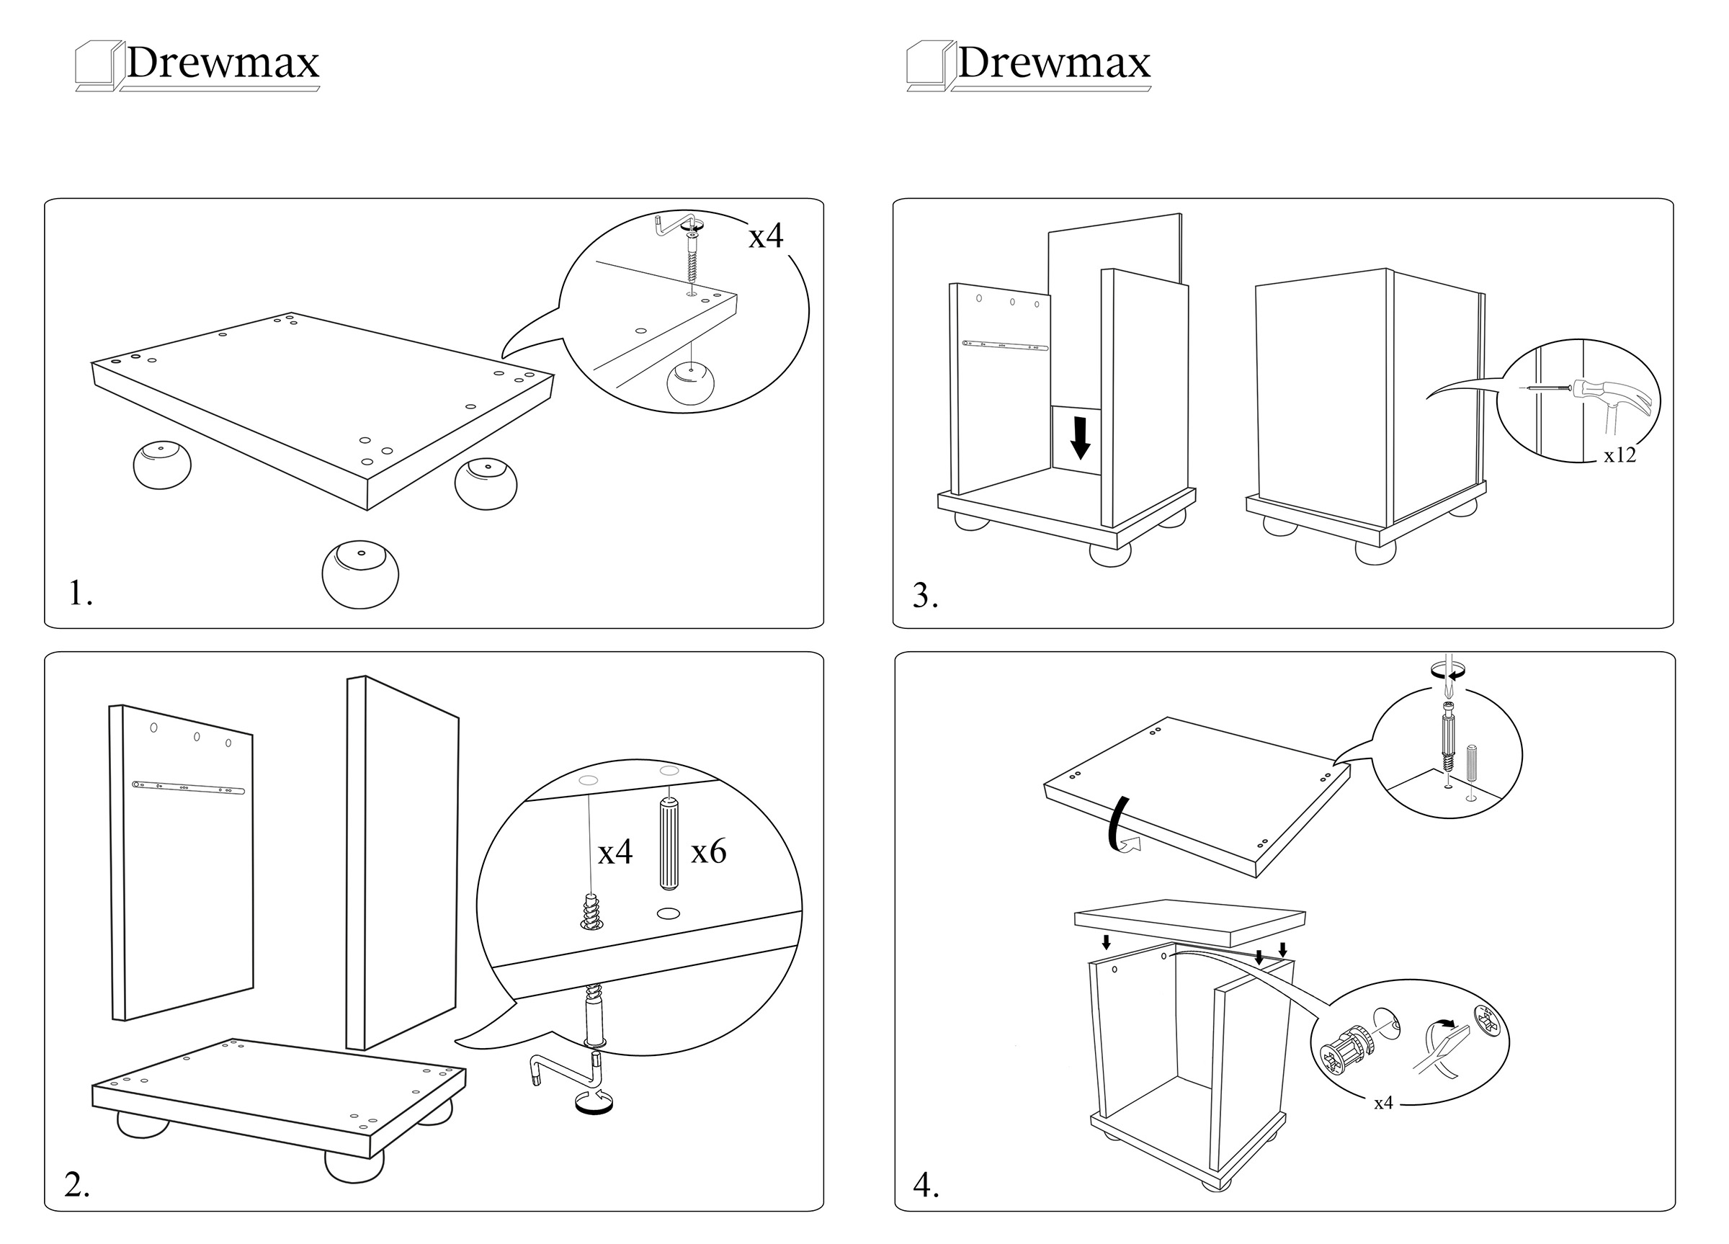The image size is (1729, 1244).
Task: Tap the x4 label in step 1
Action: point(765,236)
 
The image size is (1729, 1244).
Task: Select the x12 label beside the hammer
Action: point(1619,455)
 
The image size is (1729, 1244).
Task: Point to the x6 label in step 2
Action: point(708,851)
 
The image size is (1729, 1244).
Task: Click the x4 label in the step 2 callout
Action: point(615,852)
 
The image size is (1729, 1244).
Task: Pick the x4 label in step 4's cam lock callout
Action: point(1383,1103)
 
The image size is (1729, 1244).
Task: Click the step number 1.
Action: point(80,593)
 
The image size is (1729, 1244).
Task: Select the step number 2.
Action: point(77,1183)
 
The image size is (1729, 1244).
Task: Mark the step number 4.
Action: point(926,1186)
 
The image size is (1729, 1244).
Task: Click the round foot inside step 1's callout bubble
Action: point(691,382)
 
